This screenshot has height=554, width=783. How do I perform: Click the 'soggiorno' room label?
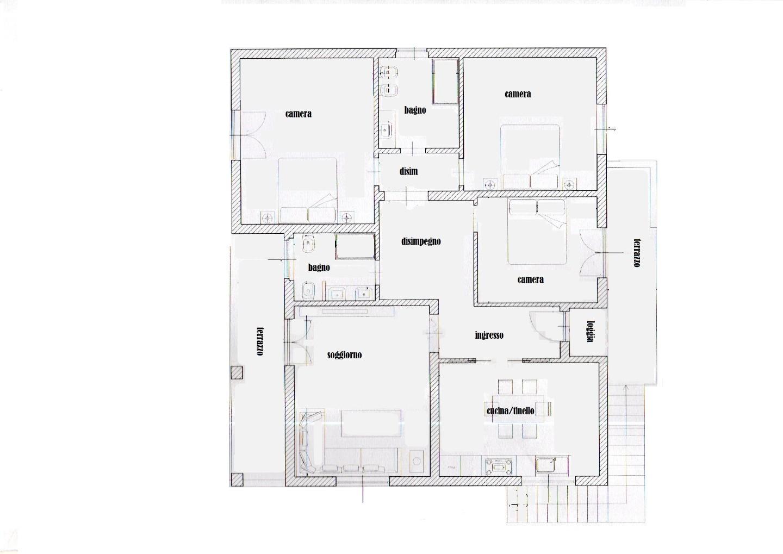click(344, 355)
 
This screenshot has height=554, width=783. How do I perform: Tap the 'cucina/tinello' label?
click(511, 410)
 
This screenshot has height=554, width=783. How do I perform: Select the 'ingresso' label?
click(489, 335)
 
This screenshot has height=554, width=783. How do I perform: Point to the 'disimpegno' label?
click(421, 241)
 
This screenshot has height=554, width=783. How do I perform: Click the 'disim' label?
click(409, 171)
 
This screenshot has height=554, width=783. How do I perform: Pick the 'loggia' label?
click(591, 331)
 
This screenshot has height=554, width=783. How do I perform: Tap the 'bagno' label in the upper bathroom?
click(415, 110)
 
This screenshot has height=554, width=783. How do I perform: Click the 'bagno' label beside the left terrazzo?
click(319, 267)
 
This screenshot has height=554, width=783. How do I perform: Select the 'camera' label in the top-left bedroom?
click(298, 114)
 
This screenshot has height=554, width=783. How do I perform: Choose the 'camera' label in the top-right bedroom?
click(518, 94)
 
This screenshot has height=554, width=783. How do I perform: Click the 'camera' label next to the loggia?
click(530, 279)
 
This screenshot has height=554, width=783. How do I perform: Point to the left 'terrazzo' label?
click(260, 341)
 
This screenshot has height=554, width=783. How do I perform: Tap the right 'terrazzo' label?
click(637, 253)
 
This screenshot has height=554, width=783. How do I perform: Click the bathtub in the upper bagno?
click(445, 81)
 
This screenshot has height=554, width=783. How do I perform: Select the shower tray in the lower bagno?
click(355, 247)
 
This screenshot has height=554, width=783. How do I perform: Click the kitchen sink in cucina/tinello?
click(546, 465)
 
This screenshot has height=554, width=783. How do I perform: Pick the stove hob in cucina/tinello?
click(499, 466)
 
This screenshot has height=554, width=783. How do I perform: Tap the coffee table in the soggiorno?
click(371, 423)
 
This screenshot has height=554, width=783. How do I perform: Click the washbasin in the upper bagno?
click(386, 130)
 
